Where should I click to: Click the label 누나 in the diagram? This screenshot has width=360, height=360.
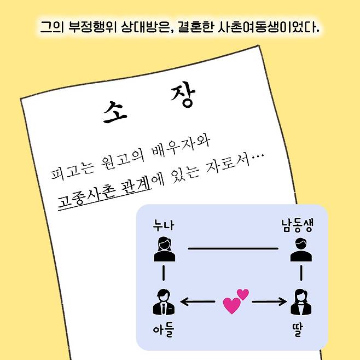(x=164, y=225)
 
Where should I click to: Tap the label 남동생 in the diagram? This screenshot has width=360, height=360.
(x=297, y=226)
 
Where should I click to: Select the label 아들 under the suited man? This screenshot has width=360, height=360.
(x=164, y=330)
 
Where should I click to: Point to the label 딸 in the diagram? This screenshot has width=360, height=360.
(x=297, y=330)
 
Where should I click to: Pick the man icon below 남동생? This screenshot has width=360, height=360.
(x=301, y=249)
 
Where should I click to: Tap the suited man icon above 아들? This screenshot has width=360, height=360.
(x=164, y=301)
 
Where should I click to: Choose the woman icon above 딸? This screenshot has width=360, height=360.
(x=301, y=302)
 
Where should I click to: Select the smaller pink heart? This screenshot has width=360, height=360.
(x=243, y=294)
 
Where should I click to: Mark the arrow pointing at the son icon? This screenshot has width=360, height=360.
(x=198, y=301)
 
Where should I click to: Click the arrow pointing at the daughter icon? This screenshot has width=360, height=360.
(x=269, y=301)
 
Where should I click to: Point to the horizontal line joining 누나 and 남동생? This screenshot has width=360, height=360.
(x=233, y=248)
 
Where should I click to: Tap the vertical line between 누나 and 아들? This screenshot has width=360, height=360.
(x=163, y=273)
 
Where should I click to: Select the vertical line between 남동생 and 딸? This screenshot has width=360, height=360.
(x=301, y=273)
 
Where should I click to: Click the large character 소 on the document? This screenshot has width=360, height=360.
(x=114, y=112)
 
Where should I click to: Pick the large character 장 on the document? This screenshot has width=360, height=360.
(x=183, y=94)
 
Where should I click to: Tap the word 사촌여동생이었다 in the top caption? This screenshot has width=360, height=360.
(x=268, y=27)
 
